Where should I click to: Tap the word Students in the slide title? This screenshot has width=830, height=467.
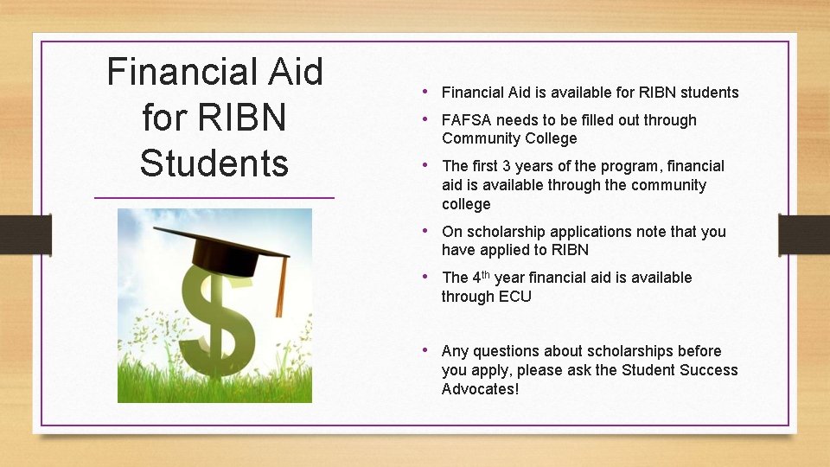(214, 163)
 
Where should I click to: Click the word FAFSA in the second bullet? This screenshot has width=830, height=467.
(466, 120)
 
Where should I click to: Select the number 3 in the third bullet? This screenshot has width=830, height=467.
(508, 166)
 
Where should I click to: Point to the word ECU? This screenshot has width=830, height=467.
(515, 297)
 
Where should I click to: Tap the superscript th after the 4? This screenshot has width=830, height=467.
(485, 274)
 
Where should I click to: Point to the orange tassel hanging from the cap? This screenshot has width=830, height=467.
(280, 285)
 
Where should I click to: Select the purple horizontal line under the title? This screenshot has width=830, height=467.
(214, 198)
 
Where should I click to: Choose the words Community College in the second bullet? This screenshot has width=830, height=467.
(508, 138)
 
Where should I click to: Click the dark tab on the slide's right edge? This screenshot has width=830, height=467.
(803, 234)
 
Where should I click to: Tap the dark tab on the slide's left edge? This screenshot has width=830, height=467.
(25, 234)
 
